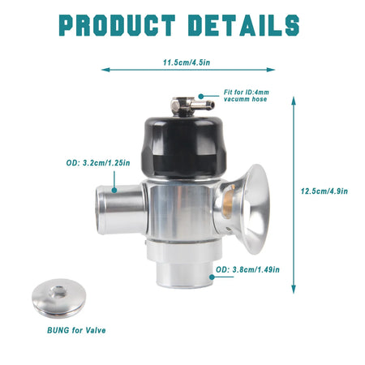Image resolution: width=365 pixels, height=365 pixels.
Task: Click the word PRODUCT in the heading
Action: pos(118,25)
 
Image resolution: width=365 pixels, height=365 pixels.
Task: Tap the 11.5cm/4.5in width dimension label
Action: pos(187,62)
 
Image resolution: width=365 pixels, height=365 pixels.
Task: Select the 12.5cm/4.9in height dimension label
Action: pos(324,191)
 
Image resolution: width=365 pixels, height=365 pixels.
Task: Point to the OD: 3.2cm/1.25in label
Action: pos(98,163)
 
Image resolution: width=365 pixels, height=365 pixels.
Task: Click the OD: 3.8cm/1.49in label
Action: pos(247,269)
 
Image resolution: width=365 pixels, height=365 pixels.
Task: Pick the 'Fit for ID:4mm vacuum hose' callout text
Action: pos(247,96)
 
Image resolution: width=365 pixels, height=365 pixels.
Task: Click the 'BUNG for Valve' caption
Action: pos(76,330)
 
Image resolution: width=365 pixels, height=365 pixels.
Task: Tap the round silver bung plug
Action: pos(58,298)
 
